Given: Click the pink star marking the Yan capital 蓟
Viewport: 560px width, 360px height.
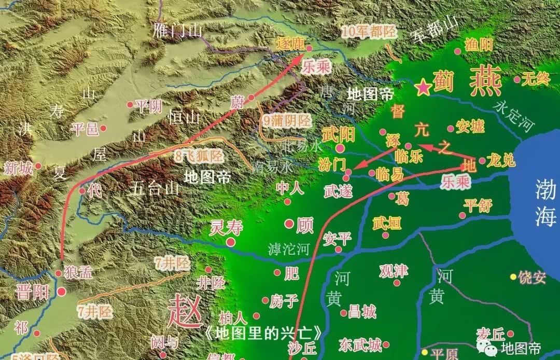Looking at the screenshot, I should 424,88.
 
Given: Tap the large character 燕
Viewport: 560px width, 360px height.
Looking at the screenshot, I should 485,81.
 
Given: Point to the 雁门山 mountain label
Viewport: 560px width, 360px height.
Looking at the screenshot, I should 178,31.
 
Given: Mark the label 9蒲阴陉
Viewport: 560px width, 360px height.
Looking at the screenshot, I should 287,121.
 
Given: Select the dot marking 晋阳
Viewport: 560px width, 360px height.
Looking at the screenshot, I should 61,292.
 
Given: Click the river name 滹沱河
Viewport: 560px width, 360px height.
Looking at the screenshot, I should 288,249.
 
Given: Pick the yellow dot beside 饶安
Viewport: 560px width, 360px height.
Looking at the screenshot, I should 513,276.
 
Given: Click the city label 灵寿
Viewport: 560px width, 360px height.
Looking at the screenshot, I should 226,227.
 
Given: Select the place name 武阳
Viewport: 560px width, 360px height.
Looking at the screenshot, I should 338,135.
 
